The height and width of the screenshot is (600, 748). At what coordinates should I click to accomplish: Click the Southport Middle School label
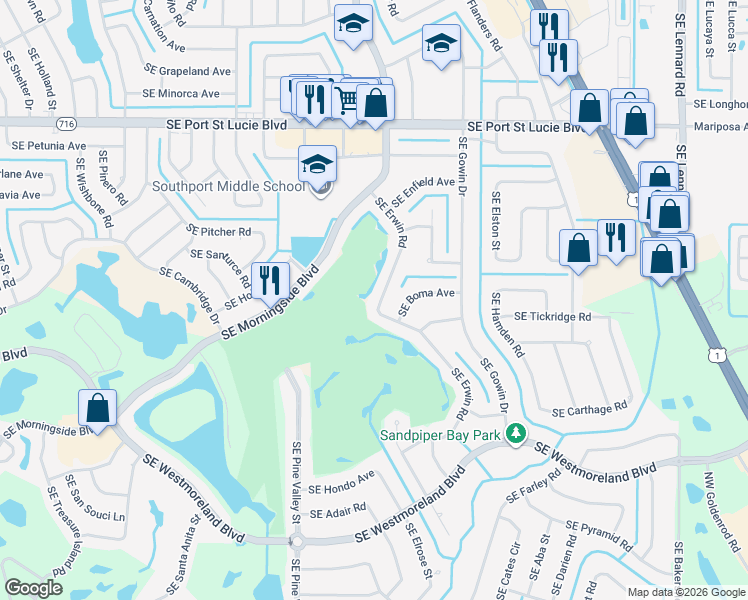point(228,186)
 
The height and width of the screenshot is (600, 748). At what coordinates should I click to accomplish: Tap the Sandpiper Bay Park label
point(442,435)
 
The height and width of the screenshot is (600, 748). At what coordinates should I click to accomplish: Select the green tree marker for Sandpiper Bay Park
point(516,434)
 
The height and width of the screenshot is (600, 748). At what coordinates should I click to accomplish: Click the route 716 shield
point(66,123)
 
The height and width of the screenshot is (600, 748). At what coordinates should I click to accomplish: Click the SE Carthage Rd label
point(590,410)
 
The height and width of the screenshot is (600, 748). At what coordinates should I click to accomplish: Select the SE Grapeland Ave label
point(187,71)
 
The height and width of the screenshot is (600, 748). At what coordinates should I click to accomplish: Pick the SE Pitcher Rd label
point(219,231)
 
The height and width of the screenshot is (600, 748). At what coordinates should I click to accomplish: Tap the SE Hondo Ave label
point(341,483)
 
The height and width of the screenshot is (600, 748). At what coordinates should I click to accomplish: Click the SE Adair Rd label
point(338,511)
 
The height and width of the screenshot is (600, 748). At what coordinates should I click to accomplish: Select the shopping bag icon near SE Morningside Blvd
point(97,408)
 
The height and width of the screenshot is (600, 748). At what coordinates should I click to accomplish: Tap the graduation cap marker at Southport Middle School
point(318,166)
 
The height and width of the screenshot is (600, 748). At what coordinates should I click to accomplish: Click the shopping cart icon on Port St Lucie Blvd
point(347,100)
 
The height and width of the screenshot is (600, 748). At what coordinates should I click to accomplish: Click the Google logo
point(34,588)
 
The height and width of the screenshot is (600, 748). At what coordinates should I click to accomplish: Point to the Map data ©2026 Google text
point(687,592)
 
